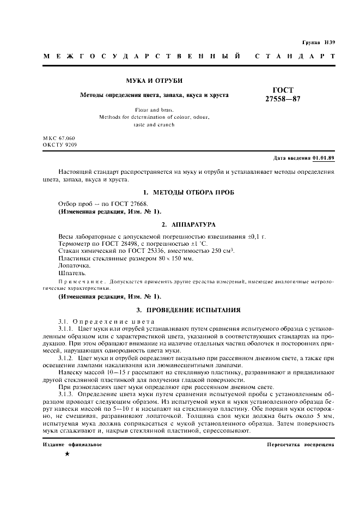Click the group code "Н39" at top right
(x=330, y=42)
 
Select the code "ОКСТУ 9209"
(x=59, y=145)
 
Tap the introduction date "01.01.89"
(x=324, y=158)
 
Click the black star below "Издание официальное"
(x=66, y=454)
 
